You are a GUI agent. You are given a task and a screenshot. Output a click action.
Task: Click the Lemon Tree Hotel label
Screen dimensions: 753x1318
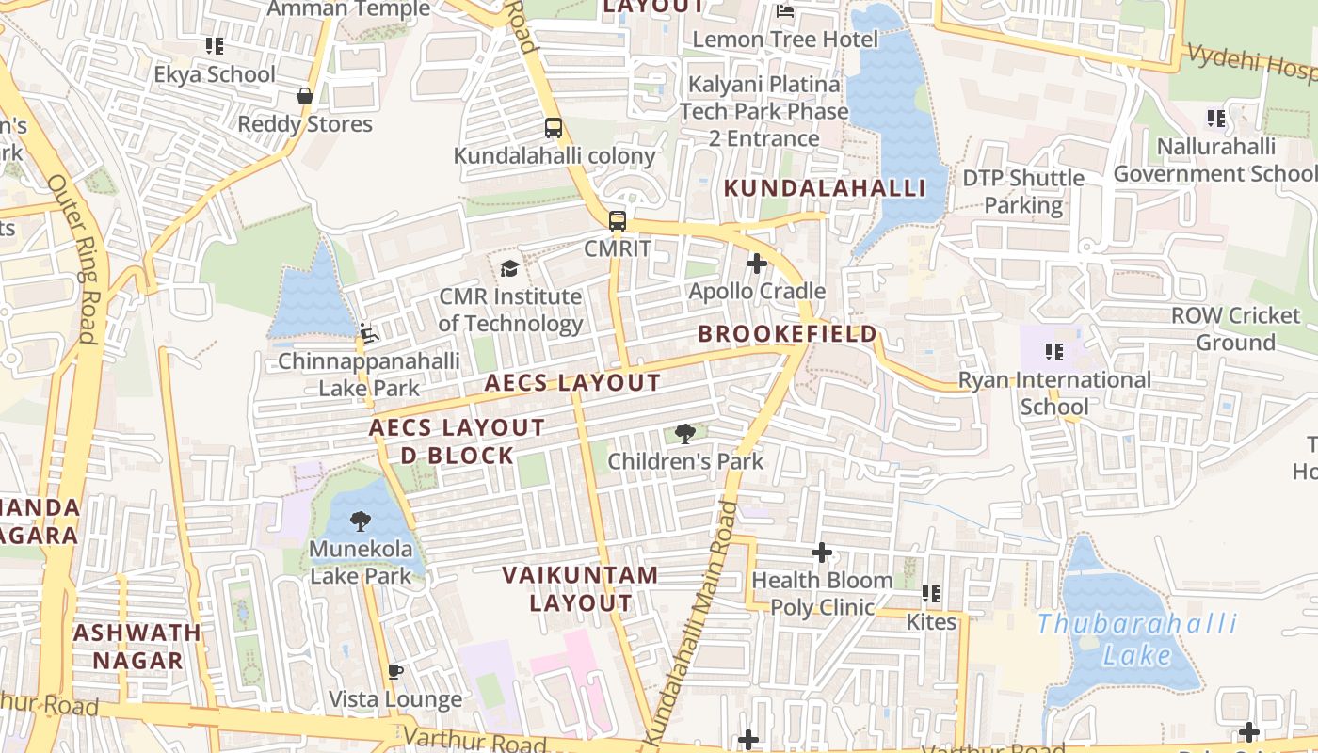(x=785, y=40)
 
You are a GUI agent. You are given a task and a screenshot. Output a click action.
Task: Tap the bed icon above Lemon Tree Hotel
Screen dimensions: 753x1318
(x=785, y=11)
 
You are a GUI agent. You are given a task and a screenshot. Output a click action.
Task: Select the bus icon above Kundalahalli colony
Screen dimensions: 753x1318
(x=554, y=128)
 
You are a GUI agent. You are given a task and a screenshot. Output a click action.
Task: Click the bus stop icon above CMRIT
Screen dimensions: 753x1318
(x=618, y=221)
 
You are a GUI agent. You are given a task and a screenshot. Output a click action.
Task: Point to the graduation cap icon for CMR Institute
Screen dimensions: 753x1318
(x=509, y=269)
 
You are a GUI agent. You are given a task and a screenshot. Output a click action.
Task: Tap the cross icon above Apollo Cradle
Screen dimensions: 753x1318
(x=756, y=264)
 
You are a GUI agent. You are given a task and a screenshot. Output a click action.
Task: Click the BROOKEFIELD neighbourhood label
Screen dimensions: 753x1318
(x=787, y=334)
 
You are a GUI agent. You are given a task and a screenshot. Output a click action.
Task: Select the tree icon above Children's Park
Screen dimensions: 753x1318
(x=685, y=434)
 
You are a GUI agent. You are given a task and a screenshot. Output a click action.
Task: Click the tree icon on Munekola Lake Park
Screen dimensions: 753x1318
(x=360, y=521)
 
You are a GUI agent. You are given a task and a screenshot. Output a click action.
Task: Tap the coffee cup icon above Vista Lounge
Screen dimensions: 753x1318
(x=395, y=671)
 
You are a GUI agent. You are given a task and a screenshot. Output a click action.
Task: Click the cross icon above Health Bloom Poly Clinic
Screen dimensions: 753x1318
(x=822, y=553)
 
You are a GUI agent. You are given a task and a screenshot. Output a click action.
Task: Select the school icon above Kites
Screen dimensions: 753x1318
(x=931, y=594)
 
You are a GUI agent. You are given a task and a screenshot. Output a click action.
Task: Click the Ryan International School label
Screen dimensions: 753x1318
(x=1054, y=393)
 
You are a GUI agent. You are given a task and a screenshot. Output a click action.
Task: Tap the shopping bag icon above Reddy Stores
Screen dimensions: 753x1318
(x=305, y=96)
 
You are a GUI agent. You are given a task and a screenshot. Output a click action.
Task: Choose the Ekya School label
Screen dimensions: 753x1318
(x=215, y=74)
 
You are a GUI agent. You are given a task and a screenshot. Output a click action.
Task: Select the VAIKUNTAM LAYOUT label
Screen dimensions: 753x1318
(x=580, y=588)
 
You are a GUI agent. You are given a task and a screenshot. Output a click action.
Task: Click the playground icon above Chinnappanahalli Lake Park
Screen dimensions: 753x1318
(x=369, y=333)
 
